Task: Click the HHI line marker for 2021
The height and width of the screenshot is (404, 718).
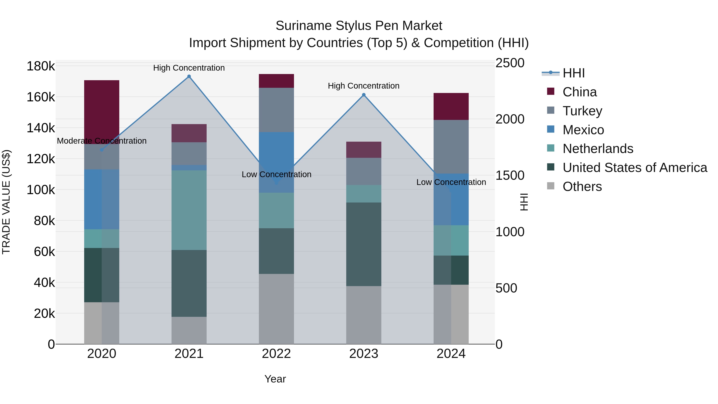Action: click(x=189, y=76)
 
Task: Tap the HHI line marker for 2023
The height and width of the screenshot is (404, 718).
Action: click(x=364, y=95)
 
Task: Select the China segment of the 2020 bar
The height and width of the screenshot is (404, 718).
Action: click(x=102, y=112)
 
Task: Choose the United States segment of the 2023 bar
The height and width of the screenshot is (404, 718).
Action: click(x=364, y=244)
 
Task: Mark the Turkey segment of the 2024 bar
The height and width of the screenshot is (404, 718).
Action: click(x=451, y=147)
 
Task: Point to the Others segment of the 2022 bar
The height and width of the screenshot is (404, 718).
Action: click(x=276, y=309)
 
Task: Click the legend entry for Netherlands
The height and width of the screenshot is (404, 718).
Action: click(x=598, y=149)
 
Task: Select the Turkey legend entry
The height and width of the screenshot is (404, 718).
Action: click(x=582, y=111)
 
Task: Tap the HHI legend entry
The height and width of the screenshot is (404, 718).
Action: click(x=573, y=73)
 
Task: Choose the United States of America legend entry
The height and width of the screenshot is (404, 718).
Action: click(x=635, y=168)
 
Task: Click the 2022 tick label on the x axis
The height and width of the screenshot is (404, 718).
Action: click(x=276, y=354)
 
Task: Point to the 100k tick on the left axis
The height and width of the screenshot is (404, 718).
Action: click(x=41, y=190)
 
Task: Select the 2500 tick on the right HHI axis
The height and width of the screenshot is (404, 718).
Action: click(x=510, y=63)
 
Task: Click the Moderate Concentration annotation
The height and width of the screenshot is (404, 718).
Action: click(x=102, y=141)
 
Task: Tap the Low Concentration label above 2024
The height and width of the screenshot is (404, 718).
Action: click(x=451, y=182)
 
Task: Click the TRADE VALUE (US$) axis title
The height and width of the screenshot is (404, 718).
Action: click(x=6, y=202)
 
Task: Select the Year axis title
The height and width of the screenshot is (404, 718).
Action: click(x=275, y=379)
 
